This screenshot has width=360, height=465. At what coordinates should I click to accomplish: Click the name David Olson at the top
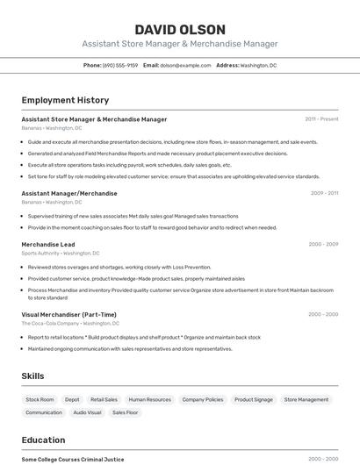click(x=180, y=29)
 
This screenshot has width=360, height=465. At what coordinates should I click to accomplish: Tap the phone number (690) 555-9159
click(x=119, y=65)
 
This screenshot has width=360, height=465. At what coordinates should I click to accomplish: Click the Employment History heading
click(x=65, y=100)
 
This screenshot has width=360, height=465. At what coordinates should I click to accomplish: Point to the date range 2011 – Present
click(x=321, y=119)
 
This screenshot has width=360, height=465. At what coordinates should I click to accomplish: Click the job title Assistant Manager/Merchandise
click(x=68, y=193)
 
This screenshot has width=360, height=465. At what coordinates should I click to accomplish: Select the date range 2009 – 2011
click(x=323, y=193)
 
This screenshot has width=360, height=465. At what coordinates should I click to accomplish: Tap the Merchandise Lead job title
click(x=48, y=244)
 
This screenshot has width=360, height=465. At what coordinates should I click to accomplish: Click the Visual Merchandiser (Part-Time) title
click(x=68, y=314)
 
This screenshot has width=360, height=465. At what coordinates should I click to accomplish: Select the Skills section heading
click(x=32, y=376)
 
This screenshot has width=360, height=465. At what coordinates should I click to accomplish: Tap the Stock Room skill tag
click(x=40, y=399)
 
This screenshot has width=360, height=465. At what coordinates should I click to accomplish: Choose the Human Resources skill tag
click(x=149, y=399)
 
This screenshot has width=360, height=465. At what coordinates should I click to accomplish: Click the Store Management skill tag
click(x=306, y=399)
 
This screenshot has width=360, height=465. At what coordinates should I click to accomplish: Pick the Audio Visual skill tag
click(x=87, y=412)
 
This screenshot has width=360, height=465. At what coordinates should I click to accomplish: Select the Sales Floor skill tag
click(x=126, y=412)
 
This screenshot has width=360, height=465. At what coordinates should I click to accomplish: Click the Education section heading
click(x=43, y=440)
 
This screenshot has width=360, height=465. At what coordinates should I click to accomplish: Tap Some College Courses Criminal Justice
click(x=73, y=459)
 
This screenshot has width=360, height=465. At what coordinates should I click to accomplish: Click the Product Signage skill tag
click(x=254, y=399)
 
